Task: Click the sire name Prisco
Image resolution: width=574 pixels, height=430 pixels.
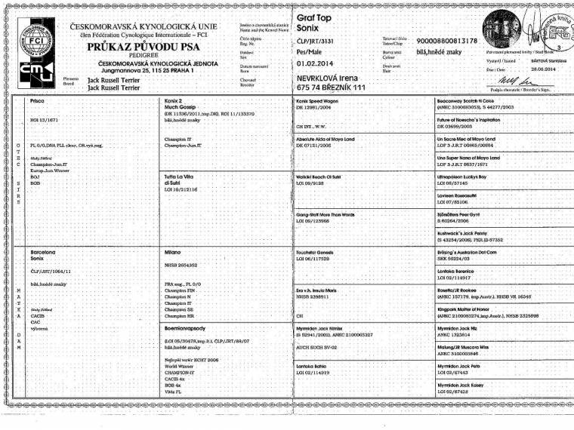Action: [x=38, y=100]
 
